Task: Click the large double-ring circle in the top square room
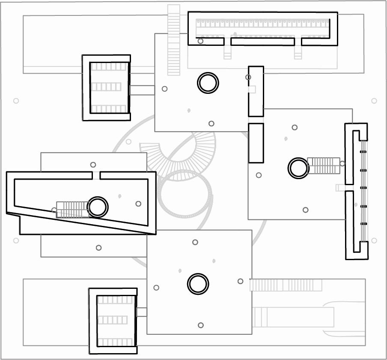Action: (x=208, y=83)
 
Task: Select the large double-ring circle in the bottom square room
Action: (x=198, y=284)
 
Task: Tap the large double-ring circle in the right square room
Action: (x=298, y=168)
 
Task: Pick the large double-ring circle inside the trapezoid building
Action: (x=98, y=207)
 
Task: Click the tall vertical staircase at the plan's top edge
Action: (x=173, y=40)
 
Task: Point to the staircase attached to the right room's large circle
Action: (x=323, y=165)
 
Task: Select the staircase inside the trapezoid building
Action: (x=72, y=210)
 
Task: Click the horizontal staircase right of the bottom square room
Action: (x=286, y=285)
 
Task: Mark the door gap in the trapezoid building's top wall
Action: (x=96, y=175)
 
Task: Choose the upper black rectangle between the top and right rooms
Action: (x=256, y=91)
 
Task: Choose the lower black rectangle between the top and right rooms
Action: (x=256, y=143)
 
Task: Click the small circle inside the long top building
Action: (x=200, y=41)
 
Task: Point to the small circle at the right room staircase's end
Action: (x=342, y=163)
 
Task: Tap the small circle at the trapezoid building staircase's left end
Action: (x=54, y=210)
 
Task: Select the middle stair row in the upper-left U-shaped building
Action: (x=106, y=87)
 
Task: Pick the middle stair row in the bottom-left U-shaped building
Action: (x=113, y=320)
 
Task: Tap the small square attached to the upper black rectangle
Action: (x=252, y=89)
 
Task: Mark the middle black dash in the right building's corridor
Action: (x=363, y=188)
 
